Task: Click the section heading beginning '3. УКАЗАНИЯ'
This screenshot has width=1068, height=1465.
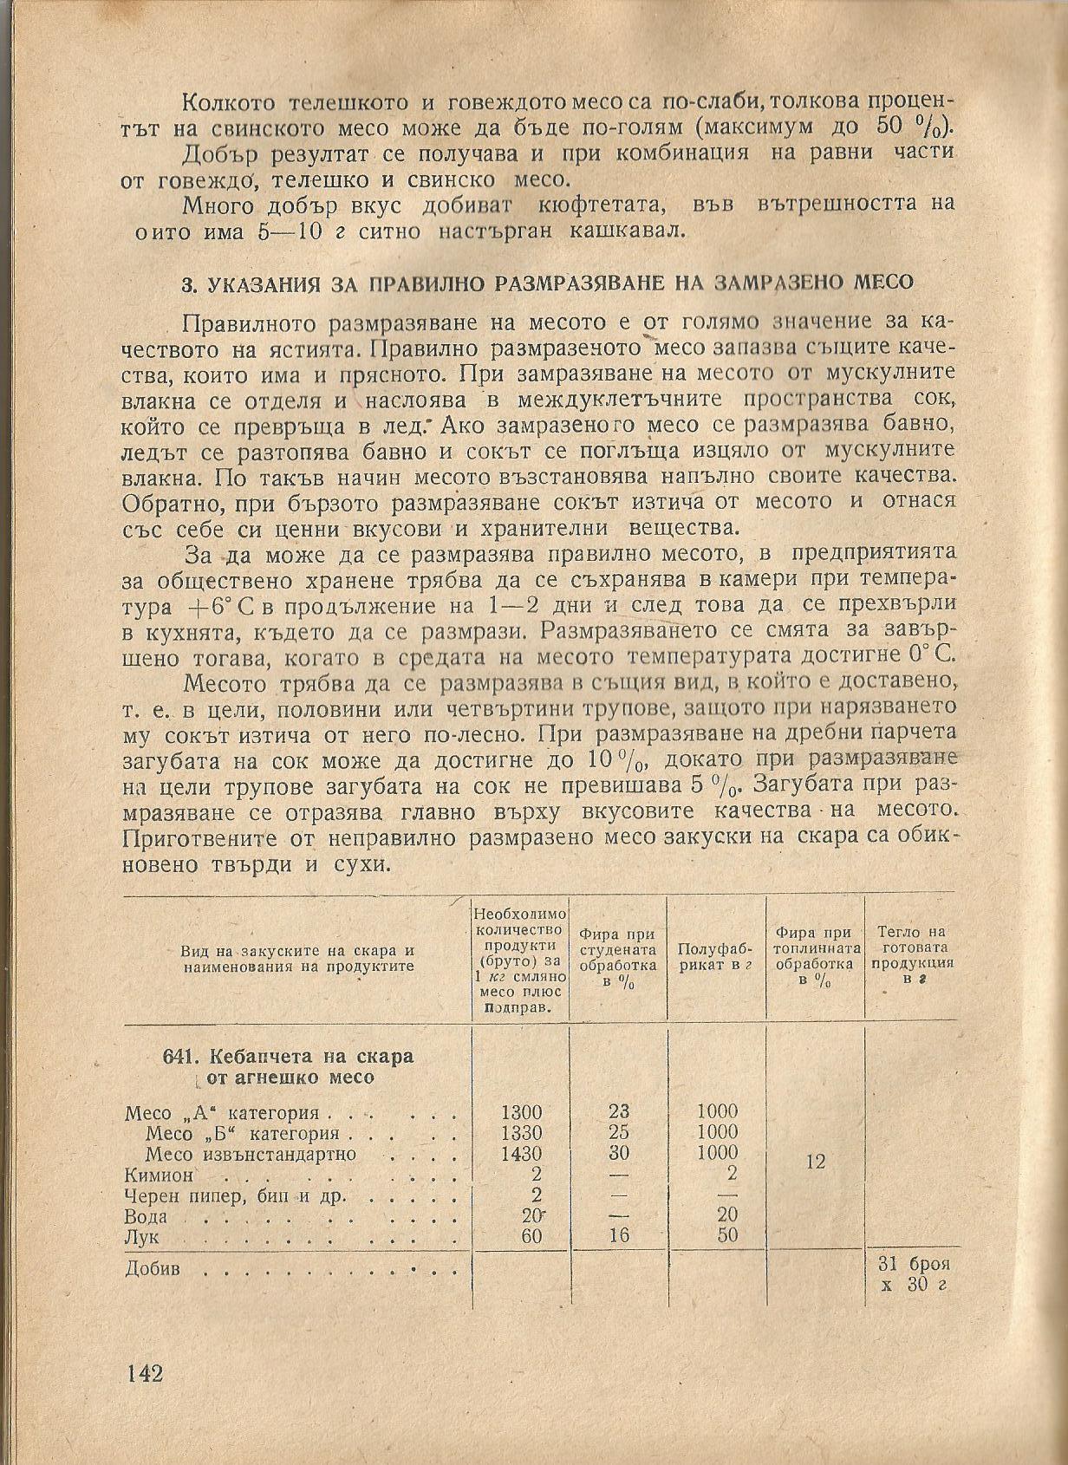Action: coord(547,283)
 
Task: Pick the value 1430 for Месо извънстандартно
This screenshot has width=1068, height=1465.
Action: coord(521,1154)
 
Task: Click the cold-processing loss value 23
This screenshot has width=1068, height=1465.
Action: coord(618,1112)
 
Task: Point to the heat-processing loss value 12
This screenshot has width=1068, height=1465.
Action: coord(815,1162)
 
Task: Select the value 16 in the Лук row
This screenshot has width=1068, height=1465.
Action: coord(618,1236)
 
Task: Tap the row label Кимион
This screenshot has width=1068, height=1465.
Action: coord(158,1175)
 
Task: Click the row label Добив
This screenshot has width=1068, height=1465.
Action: coord(153,1269)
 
